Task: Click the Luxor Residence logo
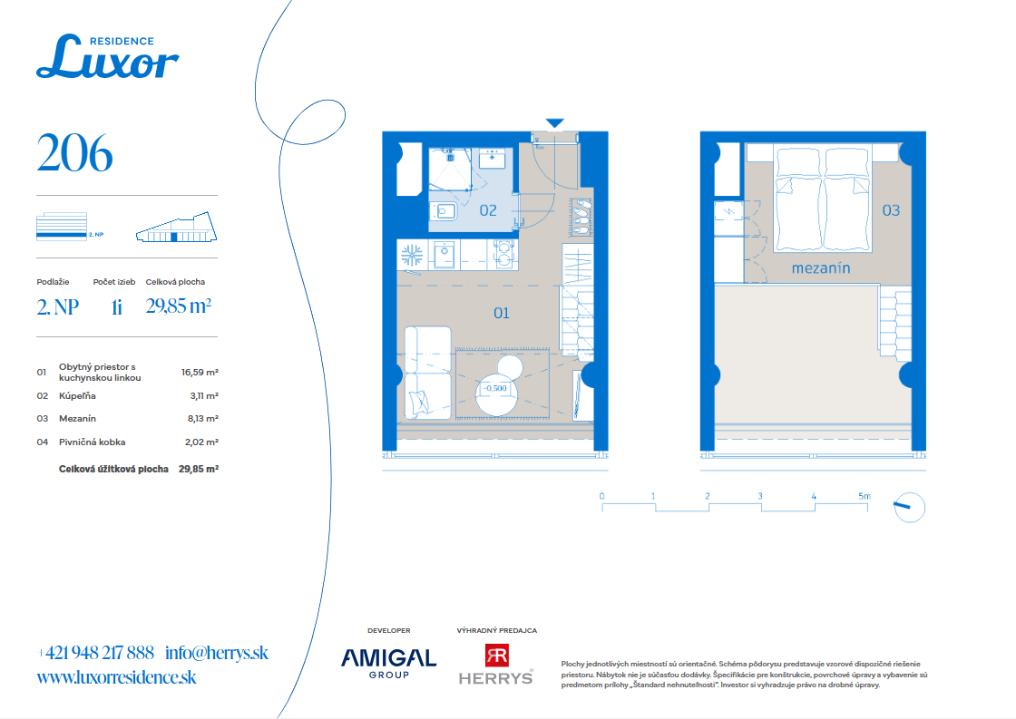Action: [x=108, y=56]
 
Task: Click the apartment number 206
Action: [x=74, y=153]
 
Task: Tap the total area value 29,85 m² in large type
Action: [x=178, y=306]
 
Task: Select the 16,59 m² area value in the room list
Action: [x=200, y=373]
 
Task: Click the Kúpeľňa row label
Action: [x=77, y=396]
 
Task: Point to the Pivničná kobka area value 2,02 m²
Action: [x=201, y=442]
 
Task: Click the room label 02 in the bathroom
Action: [x=488, y=210]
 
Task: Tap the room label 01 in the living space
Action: [x=502, y=314]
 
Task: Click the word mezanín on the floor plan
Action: [x=821, y=268]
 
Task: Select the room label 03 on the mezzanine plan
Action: [x=891, y=210]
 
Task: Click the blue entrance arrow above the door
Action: [x=554, y=123]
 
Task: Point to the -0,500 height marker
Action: [x=495, y=389]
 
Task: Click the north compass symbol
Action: [x=910, y=507]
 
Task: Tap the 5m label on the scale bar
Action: [x=865, y=496]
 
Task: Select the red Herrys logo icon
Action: [x=497, y=656]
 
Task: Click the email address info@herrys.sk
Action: [x=217, y=653]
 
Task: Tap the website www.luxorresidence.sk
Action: [x=117, y=677]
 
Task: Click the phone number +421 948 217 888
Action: [x=96, y=653]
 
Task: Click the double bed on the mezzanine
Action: [x=822, y=199]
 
